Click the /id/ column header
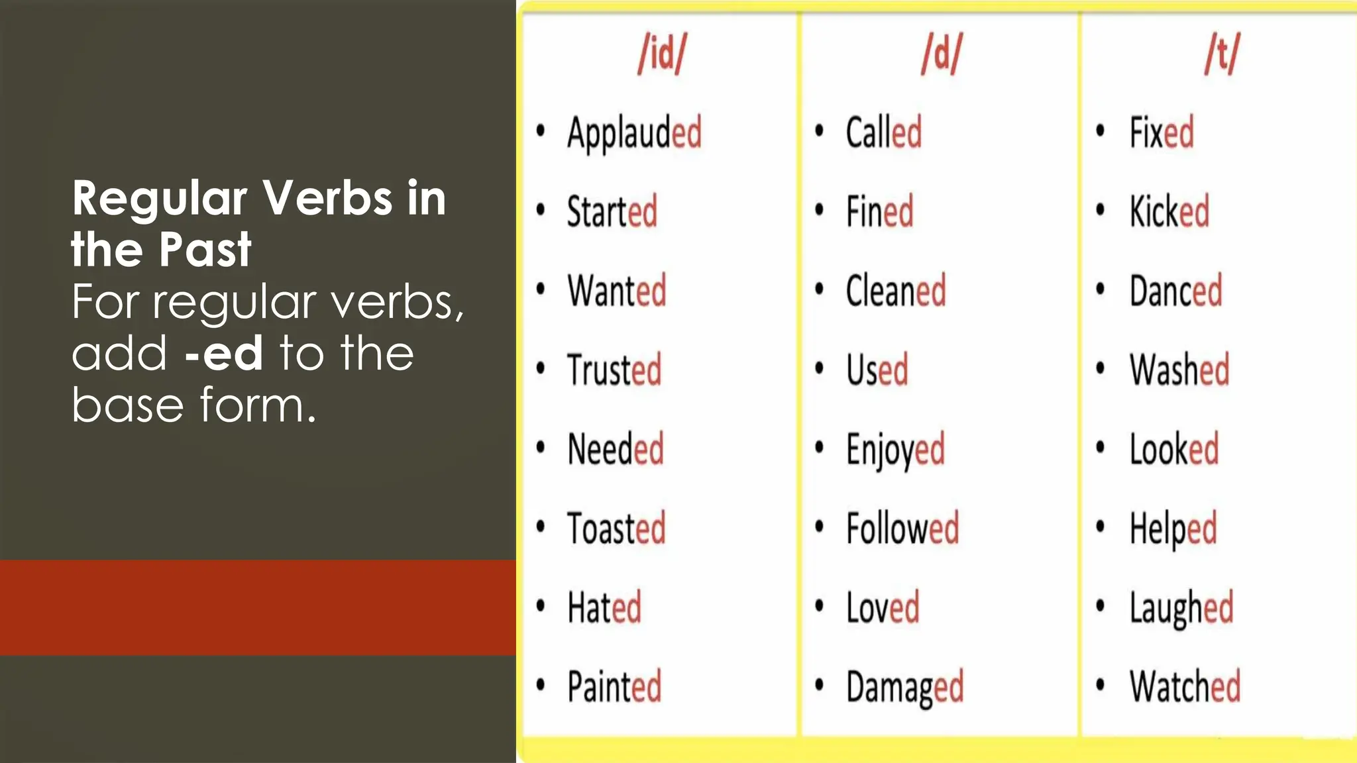(x=662, y=54)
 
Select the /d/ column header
(x=941, y=54)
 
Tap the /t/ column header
(x=1222, y=54)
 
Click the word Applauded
(x=634, y=133)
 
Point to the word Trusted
(x=614, y=370)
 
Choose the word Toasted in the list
(x=616, y=529)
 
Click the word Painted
(x=614, y=687)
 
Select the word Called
(x=883, y=132)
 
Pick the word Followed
(x=902, y=529)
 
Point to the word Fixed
(x=1162, y=132)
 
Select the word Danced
(x=1175, y=291)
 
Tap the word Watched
(x=1185, y=687)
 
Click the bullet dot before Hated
(x=541, y=605)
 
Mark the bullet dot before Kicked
(x=1101, y=210)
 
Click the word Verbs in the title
(x=327, y=198)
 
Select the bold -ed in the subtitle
(x=224, y=354)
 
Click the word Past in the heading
(x=205, y=250)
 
